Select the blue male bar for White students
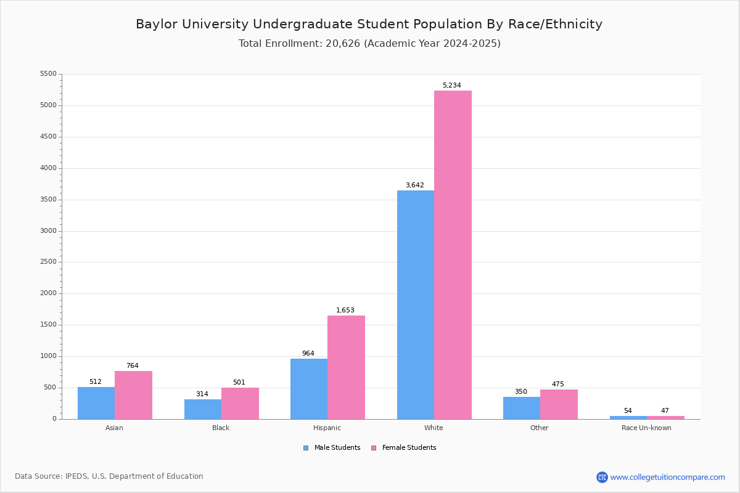415,304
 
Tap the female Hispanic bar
346,367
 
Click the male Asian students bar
96,403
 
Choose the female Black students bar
240,403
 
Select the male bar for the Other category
522,408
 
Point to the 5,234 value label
451,86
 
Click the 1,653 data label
345,311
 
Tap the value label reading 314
202,394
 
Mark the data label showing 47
665,411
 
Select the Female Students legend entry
404,448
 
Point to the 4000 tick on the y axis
48,168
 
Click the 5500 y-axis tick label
48,74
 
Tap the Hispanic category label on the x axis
327,428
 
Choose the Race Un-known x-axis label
646,428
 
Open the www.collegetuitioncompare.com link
667,477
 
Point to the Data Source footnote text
109,476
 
